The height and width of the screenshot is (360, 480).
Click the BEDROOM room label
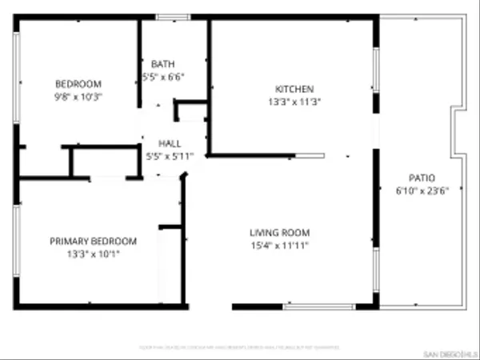[78, 84]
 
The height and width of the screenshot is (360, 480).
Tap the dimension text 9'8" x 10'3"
[78, 96]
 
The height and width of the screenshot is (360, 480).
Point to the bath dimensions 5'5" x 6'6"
[162, 78]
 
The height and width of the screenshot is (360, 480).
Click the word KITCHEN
[294, 89]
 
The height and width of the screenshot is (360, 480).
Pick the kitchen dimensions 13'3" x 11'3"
[294, 102]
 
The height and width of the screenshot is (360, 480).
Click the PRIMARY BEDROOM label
[93, 241]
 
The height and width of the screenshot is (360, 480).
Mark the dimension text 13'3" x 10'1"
[93, 254]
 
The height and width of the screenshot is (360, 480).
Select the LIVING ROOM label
[278, 233]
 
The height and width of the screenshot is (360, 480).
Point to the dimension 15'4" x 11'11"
[278, 246]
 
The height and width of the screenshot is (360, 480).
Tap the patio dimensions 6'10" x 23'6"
[422, 190]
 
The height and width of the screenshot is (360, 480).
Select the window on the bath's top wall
[168, 16]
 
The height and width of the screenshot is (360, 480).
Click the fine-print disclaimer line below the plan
[240, 347]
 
